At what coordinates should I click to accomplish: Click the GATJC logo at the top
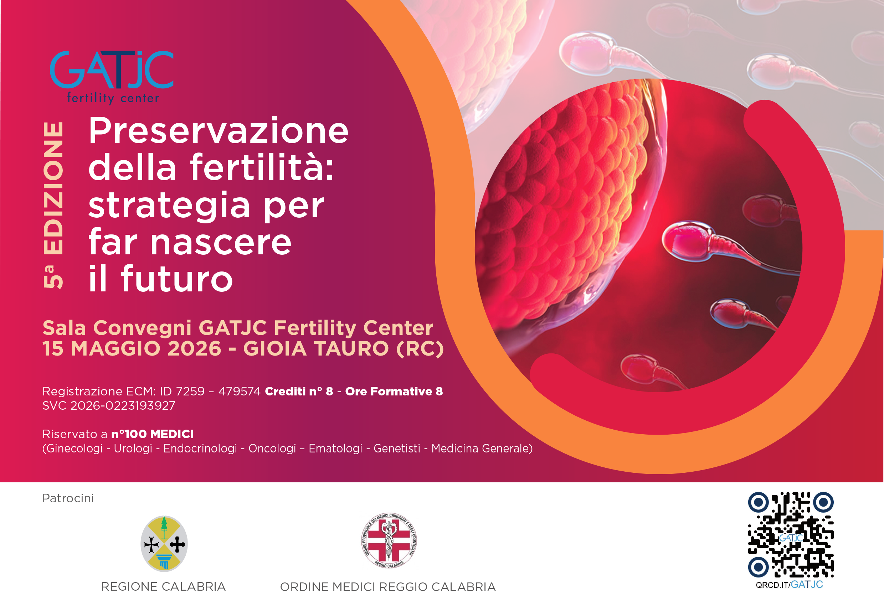[112, 69]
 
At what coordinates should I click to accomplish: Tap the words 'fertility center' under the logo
[113, 98]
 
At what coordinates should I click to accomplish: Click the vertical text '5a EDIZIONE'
[53, 205]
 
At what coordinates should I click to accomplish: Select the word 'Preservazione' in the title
[218, 131]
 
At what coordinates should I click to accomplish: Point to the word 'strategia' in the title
[169, 206]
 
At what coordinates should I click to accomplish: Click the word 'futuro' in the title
[177, 279]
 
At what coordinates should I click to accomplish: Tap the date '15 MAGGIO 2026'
[132, 348]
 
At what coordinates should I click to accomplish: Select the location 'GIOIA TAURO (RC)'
[343, 348]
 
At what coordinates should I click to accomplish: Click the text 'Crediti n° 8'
[299, 391]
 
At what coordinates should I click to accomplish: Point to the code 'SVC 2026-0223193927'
[109, 405]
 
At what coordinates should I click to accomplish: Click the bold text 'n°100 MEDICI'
[152, 434]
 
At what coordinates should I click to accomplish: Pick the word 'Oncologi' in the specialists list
[272, 449]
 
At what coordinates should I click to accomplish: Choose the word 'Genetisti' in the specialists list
[397, 449]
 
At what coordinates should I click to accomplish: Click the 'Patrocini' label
[68, 498]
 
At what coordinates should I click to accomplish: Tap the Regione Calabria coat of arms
[164, 544]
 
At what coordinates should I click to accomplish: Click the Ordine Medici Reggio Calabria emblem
[389, 540]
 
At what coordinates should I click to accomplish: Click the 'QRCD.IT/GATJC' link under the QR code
[789, 585]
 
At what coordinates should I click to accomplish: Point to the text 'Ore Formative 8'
[394, 391]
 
